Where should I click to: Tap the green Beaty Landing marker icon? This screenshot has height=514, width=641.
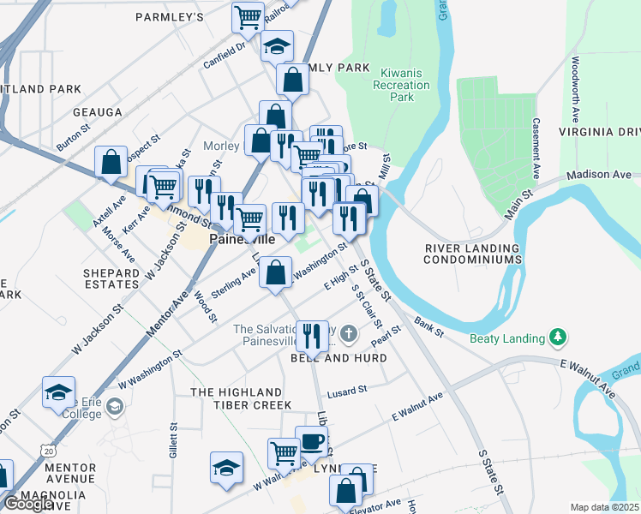click(x=559, y=337)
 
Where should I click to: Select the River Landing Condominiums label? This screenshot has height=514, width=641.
click(x=473, y=254)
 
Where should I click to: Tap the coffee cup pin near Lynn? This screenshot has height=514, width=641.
click(x=311, y=442)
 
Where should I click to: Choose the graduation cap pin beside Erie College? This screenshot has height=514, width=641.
click(x=58, y=392)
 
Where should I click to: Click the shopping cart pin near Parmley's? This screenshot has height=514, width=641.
click(x=248, y=16)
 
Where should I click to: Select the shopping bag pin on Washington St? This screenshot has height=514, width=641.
click(x=274, y=274)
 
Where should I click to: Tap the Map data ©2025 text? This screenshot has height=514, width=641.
click(x=605, y=507)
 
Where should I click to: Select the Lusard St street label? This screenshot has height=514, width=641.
click(x=346, y=388)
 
